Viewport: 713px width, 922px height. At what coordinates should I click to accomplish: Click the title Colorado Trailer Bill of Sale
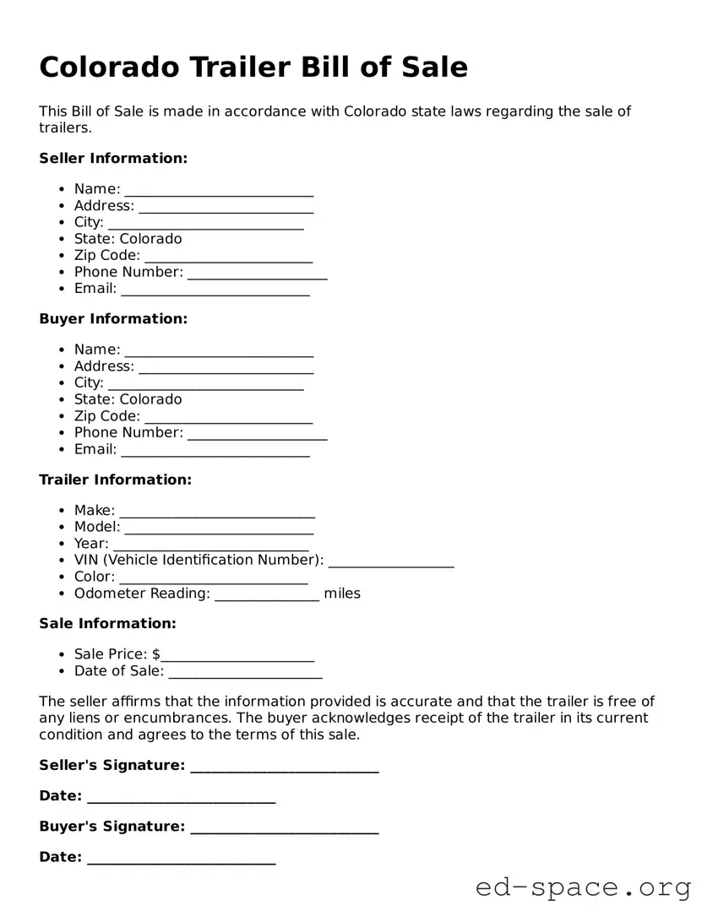point(253,67)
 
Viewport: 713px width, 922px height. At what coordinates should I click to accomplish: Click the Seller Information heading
point(113,158)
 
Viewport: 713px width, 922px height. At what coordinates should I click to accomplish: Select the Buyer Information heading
point(113,318)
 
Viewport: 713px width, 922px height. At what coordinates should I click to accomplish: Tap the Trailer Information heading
point(116,480)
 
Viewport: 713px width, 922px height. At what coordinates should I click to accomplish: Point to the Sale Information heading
point(107,623)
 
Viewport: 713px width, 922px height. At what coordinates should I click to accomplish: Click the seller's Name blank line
point(219,191)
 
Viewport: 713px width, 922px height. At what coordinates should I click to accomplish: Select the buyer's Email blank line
point(215,452)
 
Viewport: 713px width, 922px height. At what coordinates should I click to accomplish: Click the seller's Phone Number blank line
point(257,274)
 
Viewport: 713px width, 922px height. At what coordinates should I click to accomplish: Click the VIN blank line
point(390,561)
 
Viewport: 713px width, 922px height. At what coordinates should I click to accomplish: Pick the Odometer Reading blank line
point(267,595)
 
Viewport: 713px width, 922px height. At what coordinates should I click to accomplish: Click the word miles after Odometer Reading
point(342,594)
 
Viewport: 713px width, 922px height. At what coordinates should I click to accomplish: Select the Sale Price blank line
point(238,656)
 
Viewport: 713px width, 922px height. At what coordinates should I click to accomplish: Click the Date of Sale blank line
point(245,673)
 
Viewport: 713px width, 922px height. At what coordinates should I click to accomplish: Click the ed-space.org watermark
point(583,887)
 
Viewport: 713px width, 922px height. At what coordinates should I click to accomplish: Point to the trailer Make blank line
point(217,512)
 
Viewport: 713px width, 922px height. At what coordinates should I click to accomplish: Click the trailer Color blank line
point(213,578)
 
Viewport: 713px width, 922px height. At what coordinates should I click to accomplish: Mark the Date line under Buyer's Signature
point(181,860)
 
